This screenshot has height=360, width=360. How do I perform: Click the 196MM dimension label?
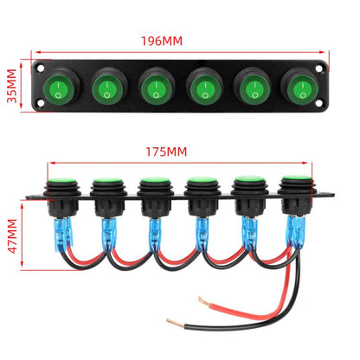(162, 42)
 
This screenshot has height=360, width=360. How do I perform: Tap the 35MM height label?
(12, 86)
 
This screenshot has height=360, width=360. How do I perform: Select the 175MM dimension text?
(166, 151)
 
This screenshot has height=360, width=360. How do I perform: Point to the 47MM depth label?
(12, 236)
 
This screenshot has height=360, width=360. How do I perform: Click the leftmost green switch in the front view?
(58, 89)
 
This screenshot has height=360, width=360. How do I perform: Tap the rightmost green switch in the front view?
(302, 90)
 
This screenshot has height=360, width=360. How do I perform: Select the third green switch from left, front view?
(156, 89)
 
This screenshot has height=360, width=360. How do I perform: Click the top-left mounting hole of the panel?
(41, 68)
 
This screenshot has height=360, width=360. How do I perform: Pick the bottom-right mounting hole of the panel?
(318, 103)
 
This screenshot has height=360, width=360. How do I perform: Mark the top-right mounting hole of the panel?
(318, 68)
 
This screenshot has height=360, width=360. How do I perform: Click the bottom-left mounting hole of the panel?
(41, 103)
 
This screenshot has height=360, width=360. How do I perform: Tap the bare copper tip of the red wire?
(203, 301)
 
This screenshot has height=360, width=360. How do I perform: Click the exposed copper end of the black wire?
(175, 323)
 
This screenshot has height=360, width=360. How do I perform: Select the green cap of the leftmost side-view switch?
(62, 180)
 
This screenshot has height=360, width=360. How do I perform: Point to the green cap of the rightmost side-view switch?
(297, 177)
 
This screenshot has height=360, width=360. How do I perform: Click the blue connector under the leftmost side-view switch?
(62, 234)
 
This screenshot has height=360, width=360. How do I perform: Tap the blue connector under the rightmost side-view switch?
(296, 231)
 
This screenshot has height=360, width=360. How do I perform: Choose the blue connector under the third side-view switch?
(154, 235)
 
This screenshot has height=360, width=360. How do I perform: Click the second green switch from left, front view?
(106, 89)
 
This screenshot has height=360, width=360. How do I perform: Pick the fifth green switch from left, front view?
(254, 89)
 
